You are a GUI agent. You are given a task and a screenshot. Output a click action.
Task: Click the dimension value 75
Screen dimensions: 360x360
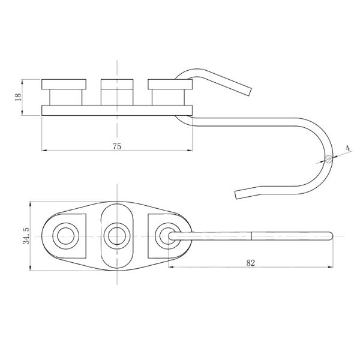117,146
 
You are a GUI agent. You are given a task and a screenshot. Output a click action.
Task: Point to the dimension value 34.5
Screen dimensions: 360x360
25,235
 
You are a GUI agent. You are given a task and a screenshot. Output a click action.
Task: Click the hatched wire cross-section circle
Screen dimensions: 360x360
328,159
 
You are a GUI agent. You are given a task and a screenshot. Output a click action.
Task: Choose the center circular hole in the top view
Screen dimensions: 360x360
116,235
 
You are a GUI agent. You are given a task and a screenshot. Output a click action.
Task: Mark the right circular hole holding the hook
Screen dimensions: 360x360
167,235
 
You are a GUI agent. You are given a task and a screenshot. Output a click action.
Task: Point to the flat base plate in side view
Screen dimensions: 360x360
117,110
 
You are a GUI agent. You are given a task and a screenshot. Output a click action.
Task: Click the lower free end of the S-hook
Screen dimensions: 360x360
238,193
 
